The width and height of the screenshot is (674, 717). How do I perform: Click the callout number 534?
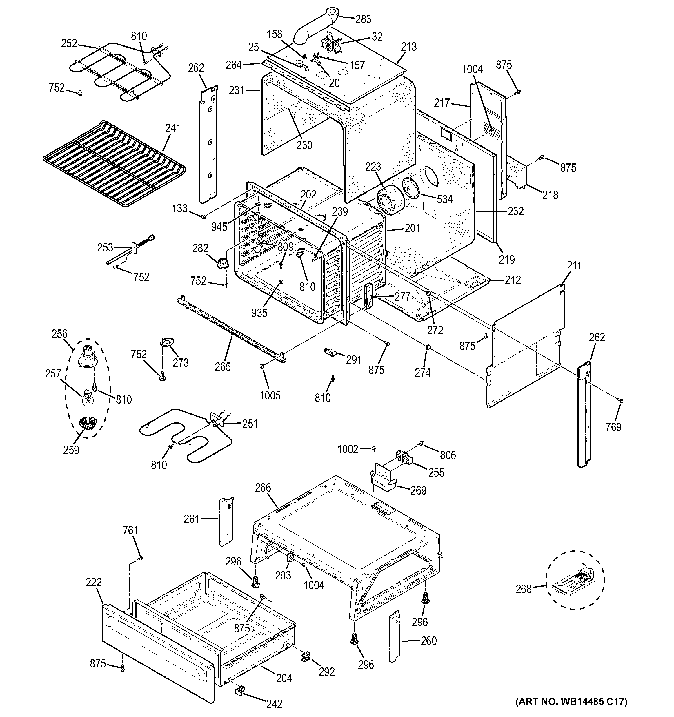(444, 199)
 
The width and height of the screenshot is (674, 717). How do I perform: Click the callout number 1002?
(348, 449)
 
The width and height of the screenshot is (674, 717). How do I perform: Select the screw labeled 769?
(621, 400)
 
